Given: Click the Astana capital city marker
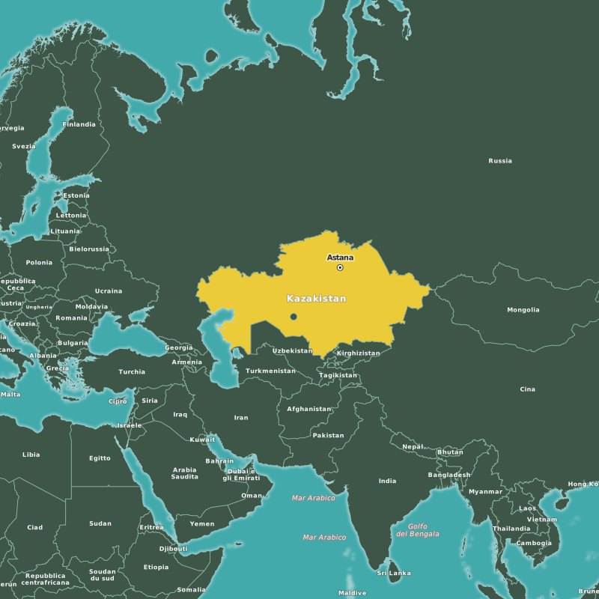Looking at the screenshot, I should [340, 267].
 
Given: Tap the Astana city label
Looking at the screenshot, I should [340, 258].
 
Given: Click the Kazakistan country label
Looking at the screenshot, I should [317, 299].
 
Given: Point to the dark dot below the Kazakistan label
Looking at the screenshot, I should [294, 317].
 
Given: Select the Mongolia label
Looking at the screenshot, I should [523, 310].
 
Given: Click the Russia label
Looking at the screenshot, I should [500, 161].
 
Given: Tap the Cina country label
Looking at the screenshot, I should [528, 389].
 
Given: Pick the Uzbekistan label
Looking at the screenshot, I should [292, 350].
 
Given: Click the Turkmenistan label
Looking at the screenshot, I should [271, 371].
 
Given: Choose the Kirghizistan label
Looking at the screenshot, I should [359, 353].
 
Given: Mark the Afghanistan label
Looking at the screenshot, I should [309, 409].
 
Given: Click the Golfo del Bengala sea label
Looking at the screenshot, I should [418, 530].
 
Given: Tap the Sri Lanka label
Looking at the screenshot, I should [394, 573].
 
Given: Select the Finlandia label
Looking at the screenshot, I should [79, 124].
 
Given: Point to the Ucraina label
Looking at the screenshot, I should [109, 291].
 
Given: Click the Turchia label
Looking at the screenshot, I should [132, 371].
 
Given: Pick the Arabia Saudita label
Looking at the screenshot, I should [184, 473].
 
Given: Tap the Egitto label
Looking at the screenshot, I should [100, 458].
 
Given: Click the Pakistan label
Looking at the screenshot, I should [328, 435].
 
